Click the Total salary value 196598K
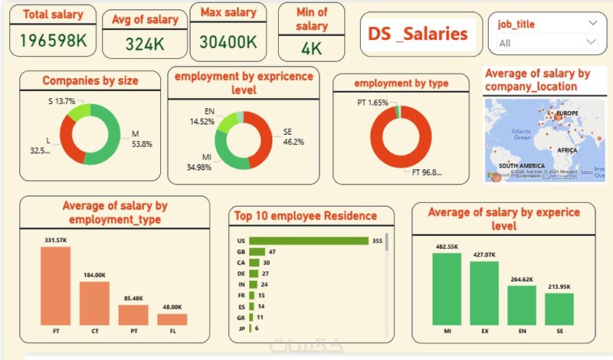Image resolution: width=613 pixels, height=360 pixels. (x=52, y=41)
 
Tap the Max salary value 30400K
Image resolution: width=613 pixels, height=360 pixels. (x=228, y=43)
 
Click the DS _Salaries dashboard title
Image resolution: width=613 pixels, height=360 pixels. (x=418, y=34)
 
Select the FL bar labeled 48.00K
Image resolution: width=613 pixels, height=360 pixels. (x=172, y=319)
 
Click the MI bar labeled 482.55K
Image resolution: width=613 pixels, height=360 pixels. (x=447, y=288)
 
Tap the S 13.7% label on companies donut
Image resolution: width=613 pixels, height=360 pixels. (x=61, y=101)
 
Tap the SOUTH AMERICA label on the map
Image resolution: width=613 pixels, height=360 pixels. (x=522, y=165)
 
